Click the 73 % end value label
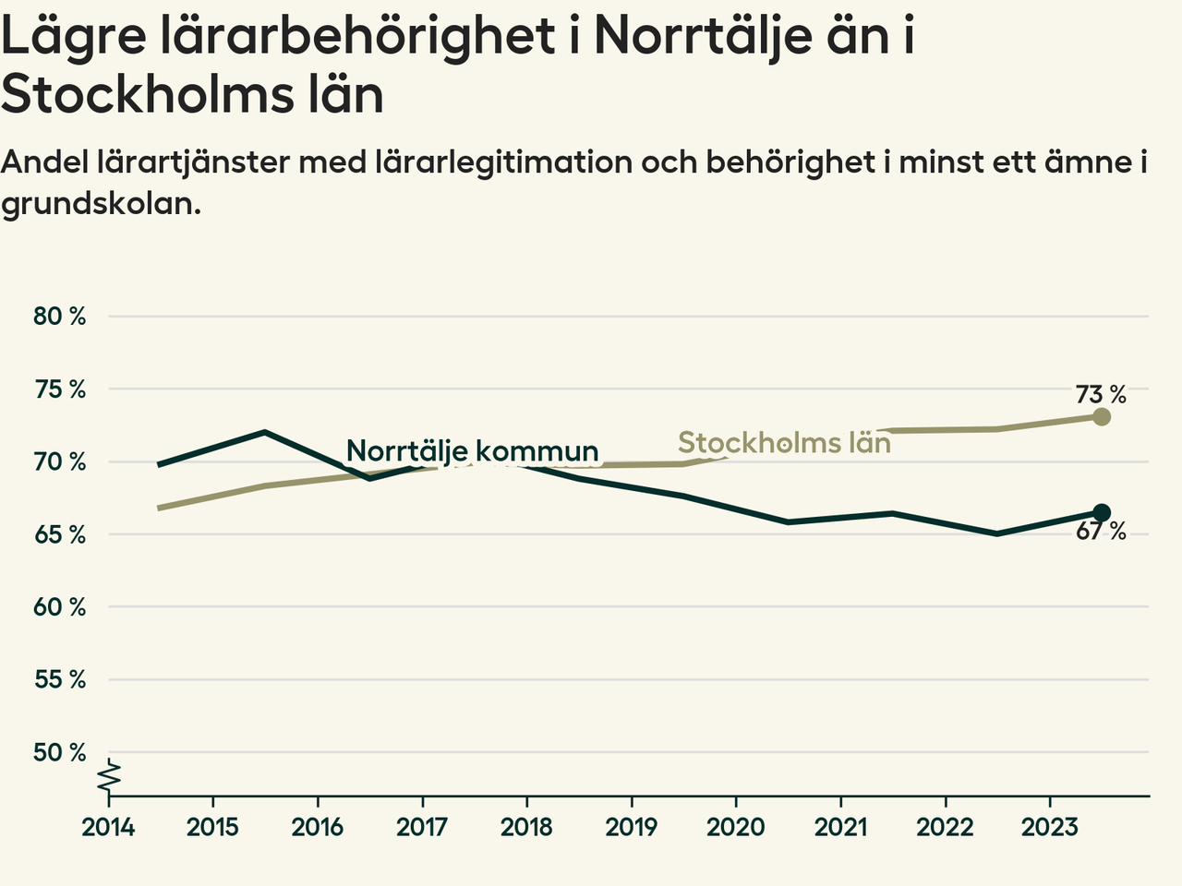(x=1101, y=395)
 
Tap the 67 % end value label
(x=1101, y=532)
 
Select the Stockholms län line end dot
(x=1101, y=417)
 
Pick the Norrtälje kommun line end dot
(x=1101, y=513)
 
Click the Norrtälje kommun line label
(x=472, y=451)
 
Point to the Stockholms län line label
(x=784, y=443)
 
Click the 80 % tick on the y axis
(x=59, y=317)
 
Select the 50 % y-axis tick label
(x=59, y=753)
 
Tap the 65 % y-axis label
(x=59, y=535)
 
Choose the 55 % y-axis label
(x=59, y=680)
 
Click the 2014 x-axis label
(x=108, y=827)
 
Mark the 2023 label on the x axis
(x=1049, y=827)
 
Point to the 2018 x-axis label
(x=526, y=827)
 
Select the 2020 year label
(x=736, y=827)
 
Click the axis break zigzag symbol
(x=109, y=775)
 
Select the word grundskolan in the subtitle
(x=101, y=204)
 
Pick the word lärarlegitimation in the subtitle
(x=503, y=162)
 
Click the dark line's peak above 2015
(x=265, y=432)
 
